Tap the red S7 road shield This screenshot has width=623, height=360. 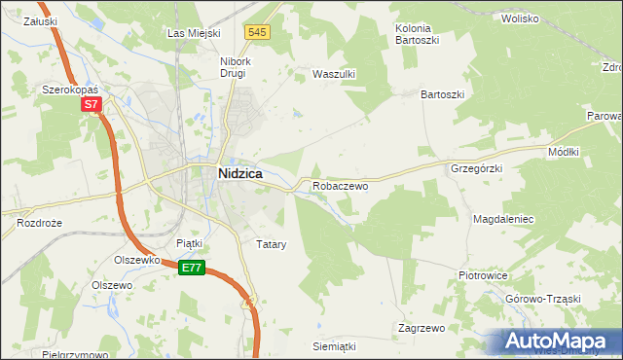point(91,104)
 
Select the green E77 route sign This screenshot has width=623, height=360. point(192,268)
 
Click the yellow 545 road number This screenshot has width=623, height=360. point(257,32)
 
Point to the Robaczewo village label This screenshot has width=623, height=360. point(340,185)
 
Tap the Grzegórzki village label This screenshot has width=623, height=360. point(476,167)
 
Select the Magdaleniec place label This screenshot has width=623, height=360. point(504,220)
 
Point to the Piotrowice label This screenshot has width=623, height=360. point(484,275)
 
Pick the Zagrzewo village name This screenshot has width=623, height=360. point(421,328)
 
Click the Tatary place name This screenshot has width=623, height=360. point(271,244)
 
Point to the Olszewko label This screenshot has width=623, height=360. point(136,261)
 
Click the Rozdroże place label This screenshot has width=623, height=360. point(39,223)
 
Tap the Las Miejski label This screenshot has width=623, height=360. point(190,33)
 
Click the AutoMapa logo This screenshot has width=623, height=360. point(558,341)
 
